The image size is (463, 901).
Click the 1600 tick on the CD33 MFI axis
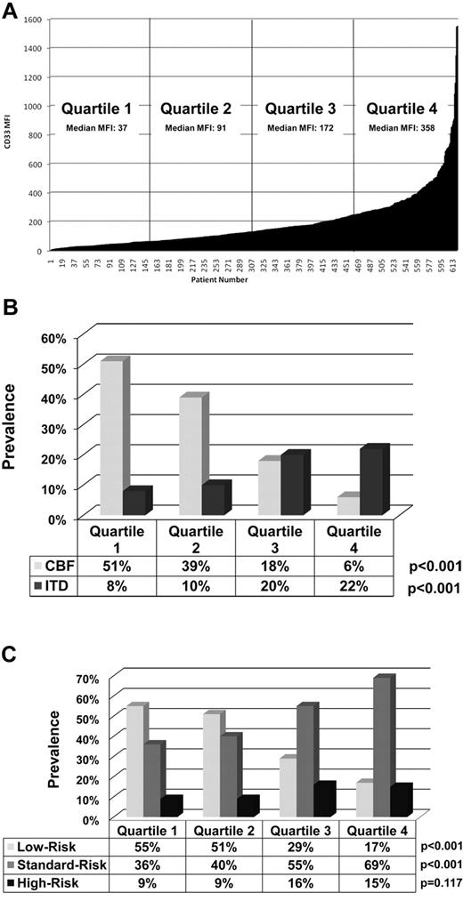34,19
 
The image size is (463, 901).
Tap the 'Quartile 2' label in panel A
196,109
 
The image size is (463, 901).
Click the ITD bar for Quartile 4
375,481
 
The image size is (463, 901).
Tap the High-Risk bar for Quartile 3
323,799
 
